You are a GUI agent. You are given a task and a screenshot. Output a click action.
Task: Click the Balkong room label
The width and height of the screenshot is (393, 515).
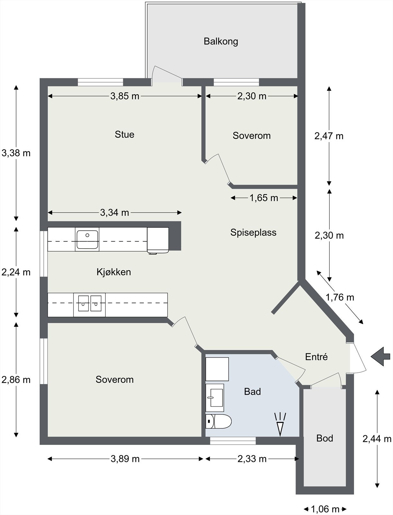[x=221, y=42]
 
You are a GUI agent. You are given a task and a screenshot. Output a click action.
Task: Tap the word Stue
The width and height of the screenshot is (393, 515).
[x=124, y=135]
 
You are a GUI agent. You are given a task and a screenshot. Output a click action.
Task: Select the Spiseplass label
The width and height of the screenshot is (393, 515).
[x=253, y=232]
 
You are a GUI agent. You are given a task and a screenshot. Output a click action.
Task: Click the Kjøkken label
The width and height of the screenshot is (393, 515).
[x=114, y=272]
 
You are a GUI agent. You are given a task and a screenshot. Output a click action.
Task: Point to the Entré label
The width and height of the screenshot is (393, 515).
[x=316, y=357]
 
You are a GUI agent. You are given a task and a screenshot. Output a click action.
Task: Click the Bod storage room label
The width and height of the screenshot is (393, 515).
[x=324, y=438]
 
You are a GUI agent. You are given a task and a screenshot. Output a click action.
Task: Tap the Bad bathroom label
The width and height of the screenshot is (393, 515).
[x=252, y=391]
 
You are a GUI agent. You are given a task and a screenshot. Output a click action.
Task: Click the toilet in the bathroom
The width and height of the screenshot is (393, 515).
[x=219, y=421]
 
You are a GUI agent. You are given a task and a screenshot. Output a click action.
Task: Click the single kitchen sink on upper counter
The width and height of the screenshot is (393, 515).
[x=87, y=239]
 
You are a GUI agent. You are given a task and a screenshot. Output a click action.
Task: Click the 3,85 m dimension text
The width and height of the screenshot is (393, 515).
[x=125, y=96]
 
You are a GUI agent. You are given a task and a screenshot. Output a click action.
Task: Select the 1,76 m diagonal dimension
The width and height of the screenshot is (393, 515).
[x=340, y=297]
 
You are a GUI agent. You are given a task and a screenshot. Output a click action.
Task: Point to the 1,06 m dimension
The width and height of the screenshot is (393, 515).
[x=325, y=509]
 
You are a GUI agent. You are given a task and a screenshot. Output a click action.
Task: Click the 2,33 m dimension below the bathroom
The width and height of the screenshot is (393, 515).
[x=252, y=459]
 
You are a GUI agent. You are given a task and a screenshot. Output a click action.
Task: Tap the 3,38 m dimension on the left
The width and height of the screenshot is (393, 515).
[x=16, y=153]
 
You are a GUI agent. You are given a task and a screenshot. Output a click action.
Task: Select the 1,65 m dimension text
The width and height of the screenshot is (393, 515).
[x=264, y=198]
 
